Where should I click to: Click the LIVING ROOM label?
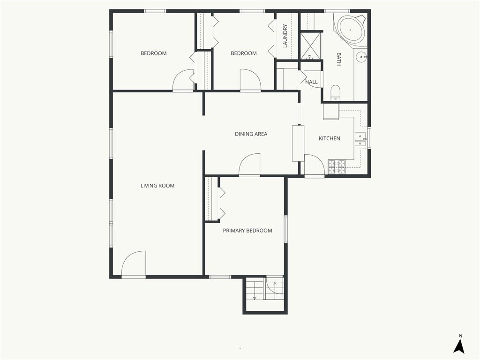tap(157, 186)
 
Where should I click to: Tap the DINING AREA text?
tap(251, 134)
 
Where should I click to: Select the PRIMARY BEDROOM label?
tap(247, 231)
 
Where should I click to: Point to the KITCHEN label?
tap(330, 138)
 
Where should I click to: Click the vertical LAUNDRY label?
tap(285, 36)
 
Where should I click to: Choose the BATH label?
tap(339, 59)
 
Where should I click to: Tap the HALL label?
tap(311, 82)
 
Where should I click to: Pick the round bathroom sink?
tap(361, 57)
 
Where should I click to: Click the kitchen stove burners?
tap(337, 167)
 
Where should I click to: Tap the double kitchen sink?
tap(360, 140)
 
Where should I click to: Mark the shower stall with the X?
tap(311, 46)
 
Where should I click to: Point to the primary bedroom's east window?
tap(285, 229)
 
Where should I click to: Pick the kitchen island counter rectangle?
tap(298, 143)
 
